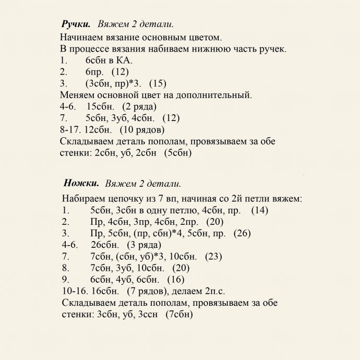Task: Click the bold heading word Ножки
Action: (81, 183)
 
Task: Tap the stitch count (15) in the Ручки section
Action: (158, 83)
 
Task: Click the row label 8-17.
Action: (71, 129)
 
